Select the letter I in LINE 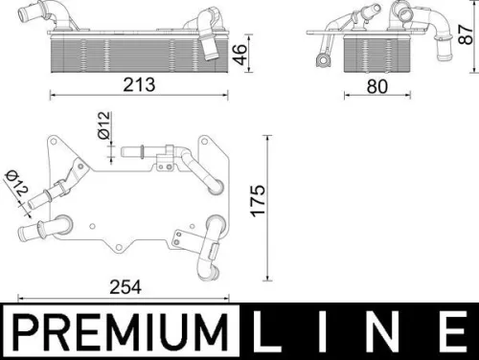(327, 332)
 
